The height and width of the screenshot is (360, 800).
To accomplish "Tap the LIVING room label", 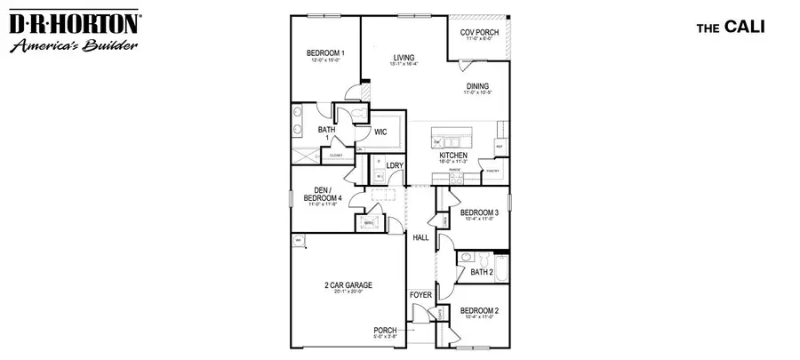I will coord(404,58).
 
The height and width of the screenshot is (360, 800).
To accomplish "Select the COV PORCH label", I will coord(479,33).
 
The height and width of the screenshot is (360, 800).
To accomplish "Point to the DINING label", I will coord(478,86).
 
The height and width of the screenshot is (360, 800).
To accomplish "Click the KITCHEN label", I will coord(453,155).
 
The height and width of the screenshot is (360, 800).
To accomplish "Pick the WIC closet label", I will coord(380,132).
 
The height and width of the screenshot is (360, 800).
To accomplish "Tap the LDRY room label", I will coord(396,165).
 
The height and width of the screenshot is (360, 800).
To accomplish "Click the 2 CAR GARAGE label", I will coord(348,285).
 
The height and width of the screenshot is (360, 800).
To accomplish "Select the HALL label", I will coord(420,237).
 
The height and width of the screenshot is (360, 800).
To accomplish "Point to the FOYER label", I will coord(420,293).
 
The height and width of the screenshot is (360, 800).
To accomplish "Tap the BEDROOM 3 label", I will coord(478,212).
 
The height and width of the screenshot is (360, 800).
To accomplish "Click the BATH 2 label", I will coord(482,272).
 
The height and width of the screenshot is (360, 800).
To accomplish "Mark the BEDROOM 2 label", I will coord(478,310).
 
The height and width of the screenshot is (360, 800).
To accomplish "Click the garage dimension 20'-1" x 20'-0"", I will coord(348,292).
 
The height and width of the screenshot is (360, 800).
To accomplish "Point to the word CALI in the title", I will coord(740,28).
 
